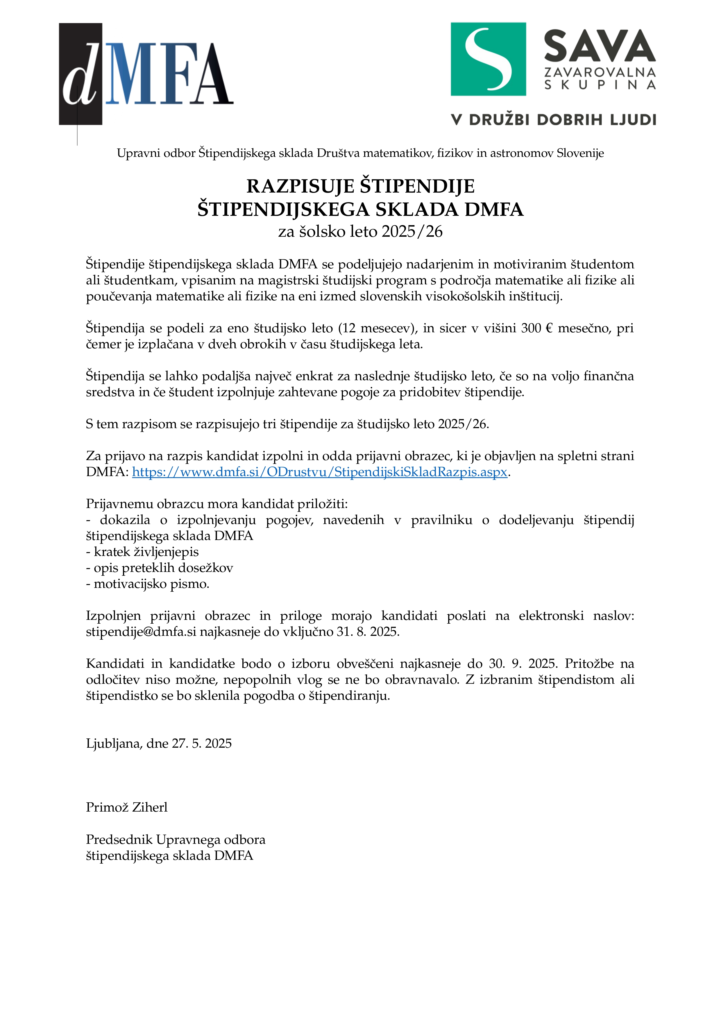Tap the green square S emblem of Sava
(488, 59)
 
